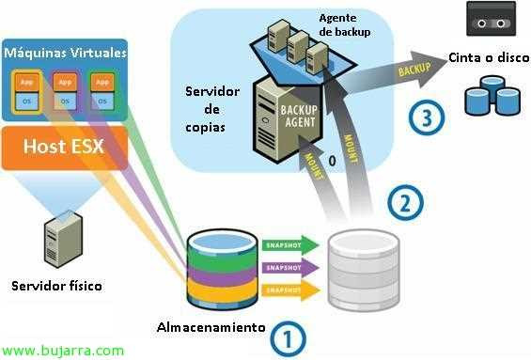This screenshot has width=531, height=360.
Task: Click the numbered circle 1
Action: (288, 337)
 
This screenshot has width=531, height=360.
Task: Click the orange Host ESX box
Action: (64, 148)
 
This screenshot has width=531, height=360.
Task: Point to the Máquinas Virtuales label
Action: (65, 53)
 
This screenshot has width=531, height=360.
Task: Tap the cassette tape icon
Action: (492, 18)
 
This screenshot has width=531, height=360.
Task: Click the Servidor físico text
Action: (57, 286)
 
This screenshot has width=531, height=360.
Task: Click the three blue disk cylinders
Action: (492, 97)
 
